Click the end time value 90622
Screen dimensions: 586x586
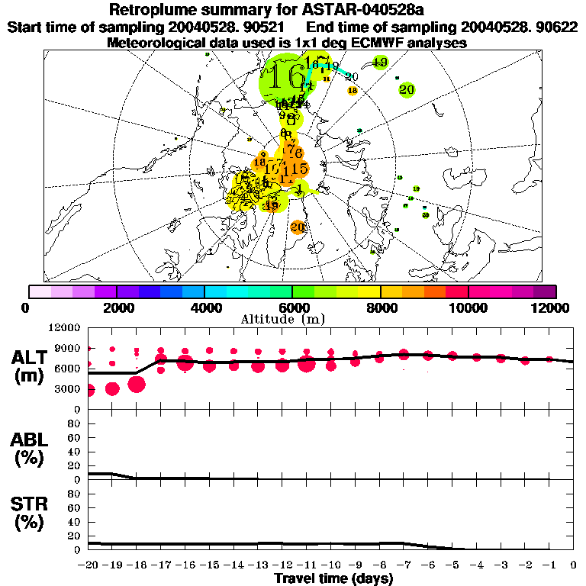click(555, 27)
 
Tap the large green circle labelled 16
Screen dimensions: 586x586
click(285, 79)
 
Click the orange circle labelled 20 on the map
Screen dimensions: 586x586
click(298, 227)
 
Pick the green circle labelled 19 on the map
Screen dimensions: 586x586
click(379, 62)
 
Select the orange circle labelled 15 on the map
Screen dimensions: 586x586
click(298, 169)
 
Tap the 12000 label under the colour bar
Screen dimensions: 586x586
click(552, 307)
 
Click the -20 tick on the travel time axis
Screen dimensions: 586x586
click(89, 565)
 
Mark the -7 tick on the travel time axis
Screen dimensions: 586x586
click(404, 565)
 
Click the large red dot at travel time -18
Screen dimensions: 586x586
click(137, 384)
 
